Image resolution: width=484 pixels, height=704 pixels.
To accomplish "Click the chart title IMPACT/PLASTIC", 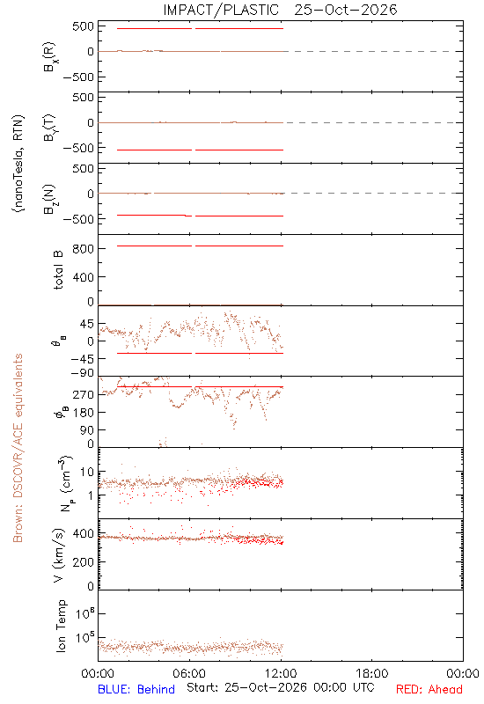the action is click(221, 10).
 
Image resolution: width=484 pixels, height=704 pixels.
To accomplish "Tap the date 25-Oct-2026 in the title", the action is click(346, 10).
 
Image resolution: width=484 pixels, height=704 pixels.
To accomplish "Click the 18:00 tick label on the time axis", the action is click(372, 673).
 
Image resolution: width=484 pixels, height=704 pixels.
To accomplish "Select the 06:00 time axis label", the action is click(189, 673).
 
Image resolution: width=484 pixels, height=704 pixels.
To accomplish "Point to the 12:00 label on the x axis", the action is click(281, 673).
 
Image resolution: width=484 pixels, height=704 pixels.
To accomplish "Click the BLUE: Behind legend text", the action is click(136, 689).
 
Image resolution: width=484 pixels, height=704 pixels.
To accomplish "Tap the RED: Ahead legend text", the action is click(429, 689).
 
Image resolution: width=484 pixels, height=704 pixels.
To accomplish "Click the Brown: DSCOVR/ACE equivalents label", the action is click(18, 448).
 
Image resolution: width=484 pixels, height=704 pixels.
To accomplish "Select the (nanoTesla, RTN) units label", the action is click(18, 164).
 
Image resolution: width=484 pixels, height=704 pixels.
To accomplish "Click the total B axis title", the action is click(59, 270).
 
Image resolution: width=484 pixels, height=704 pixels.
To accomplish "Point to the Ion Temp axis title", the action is click(61, 626).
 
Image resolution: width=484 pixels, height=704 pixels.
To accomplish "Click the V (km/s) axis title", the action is click(59, 555).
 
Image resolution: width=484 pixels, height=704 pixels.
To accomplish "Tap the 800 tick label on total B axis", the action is click(83, 249).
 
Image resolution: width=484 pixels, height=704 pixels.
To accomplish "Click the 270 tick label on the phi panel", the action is click(83, 394).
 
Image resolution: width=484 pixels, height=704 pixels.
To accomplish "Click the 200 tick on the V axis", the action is click(83, 561).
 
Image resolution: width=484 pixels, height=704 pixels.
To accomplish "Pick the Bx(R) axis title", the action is click(49, 56).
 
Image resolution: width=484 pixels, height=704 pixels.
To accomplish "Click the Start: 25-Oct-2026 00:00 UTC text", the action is click(280, 687).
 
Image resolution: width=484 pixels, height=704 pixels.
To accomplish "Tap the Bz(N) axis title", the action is click(49, 199).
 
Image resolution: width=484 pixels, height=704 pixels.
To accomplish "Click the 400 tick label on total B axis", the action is click(83, 277).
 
